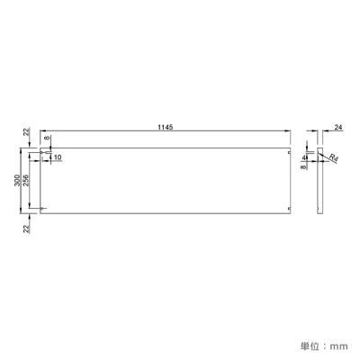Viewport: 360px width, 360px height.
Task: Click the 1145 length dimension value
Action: click(x=166, y=127)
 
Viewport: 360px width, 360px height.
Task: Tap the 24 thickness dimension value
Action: click(x=338, y=128)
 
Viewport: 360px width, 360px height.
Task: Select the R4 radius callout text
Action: click(x=333, y=158)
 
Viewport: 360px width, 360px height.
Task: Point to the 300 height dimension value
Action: click(x=18, y=180)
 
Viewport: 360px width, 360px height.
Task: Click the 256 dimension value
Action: click(x=27, y=180)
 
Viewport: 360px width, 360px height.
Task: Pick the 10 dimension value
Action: click(x=58, y=157)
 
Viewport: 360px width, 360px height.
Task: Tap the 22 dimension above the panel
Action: click(x=27, y=131)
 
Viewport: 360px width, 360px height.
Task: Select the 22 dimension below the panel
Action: click(x=27, y=229)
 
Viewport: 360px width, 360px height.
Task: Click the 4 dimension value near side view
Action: click(x=304, y=157)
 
